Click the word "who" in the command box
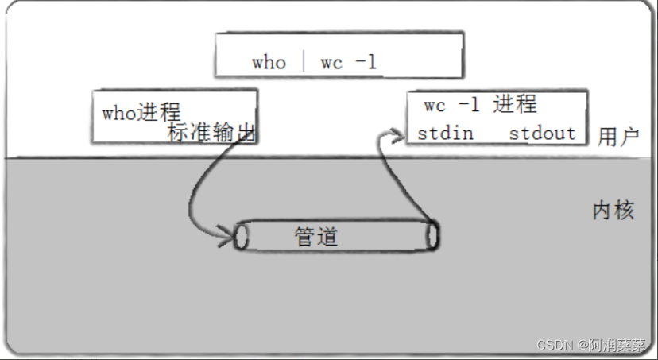269,63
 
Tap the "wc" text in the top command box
331,63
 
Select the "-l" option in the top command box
366,62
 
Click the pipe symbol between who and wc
304,63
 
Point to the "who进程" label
141,112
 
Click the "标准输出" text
212,133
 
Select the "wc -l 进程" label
480,104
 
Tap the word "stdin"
445,134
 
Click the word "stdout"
542,134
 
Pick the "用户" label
618,136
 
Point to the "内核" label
613,211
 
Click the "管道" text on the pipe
316,237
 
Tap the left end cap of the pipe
242,236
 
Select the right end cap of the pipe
433,235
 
